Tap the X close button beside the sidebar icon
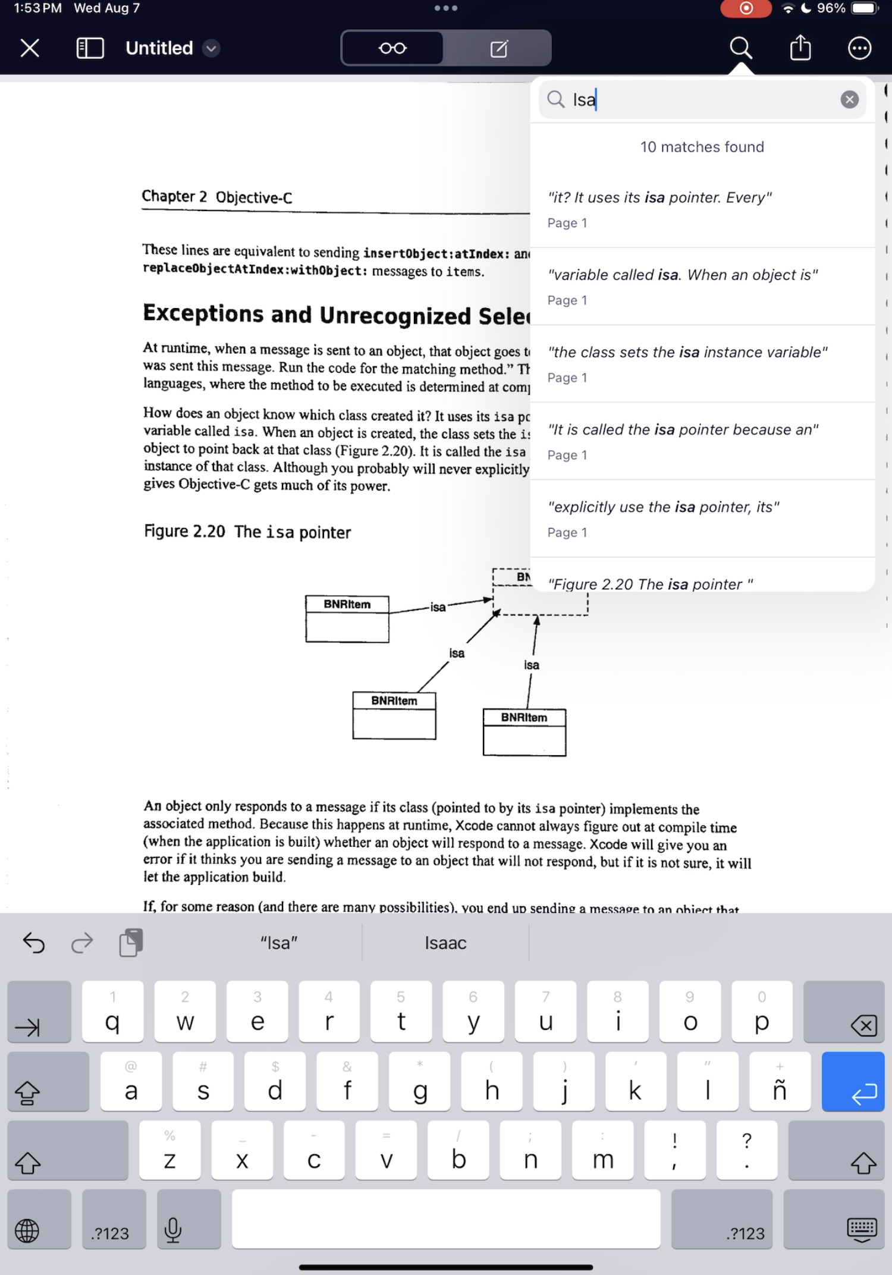pos(30,48)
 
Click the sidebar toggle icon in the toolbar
pos(90,48)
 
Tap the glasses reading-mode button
pos(392,48)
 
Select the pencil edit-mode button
pos(498,48)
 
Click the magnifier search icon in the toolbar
pos(740,48)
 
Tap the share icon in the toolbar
pos(800,48)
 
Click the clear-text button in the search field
pos(849,99)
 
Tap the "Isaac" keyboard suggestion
pos(445,943)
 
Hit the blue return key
pos(853,1082)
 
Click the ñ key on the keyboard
pos(780,1082)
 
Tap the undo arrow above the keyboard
pos(34,943)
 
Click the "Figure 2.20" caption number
pos(184,531)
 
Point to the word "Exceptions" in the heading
pos(203,313)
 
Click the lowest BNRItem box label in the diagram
pos(524,718)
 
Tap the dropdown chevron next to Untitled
pos(211,48)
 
